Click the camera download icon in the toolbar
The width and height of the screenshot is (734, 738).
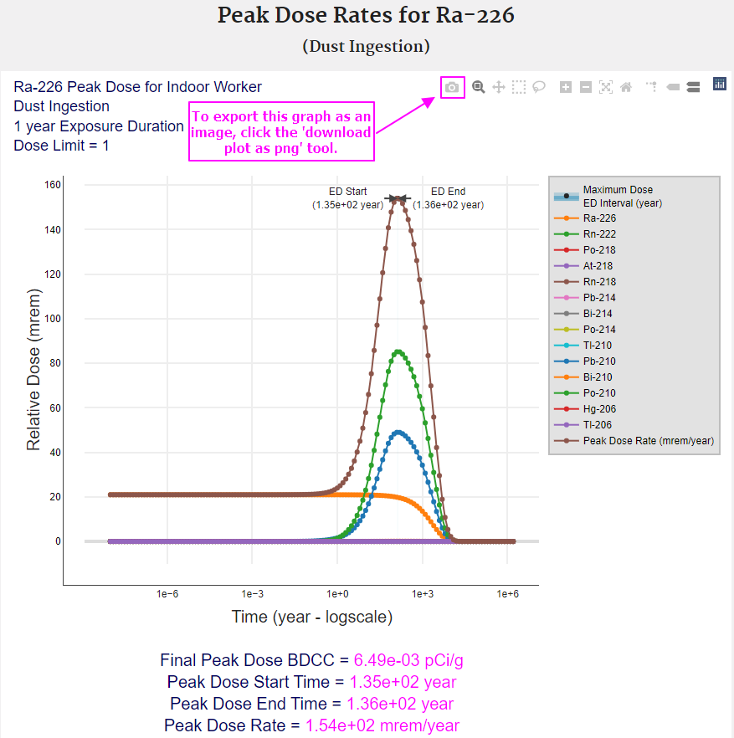[452, 87]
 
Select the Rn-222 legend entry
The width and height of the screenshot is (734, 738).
[599, 234]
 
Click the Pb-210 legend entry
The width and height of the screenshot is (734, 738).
[599, 361]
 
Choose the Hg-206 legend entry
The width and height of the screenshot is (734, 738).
[599, 409]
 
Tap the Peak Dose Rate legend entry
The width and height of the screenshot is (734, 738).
[648, 441]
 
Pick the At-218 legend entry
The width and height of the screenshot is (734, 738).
[598, 266]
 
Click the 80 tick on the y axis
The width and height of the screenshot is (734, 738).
[52, 363]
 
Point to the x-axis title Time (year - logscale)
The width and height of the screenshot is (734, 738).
[311, 618]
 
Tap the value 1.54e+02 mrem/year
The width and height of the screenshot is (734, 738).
[382, 726]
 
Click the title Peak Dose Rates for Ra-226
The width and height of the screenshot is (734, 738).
[367, 16]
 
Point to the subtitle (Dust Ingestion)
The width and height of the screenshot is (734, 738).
[367, 47]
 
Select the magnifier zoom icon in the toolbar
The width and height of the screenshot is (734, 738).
[479, 87]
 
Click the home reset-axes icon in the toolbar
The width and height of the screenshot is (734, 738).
[626, 87]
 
